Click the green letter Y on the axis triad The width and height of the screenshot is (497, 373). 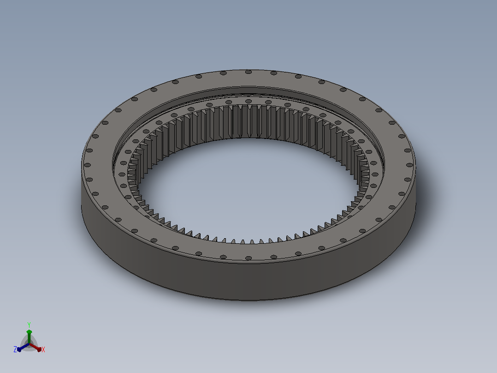[29, 325]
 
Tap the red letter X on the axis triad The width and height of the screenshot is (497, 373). [43, 349]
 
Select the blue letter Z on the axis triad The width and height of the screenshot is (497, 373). [15, 349]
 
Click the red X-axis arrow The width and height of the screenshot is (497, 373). [35, 347]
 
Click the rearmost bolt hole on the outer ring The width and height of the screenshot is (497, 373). [248, 72]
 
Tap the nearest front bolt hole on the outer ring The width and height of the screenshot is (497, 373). [248, 258]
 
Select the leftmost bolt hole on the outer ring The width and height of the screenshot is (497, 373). [88, 165]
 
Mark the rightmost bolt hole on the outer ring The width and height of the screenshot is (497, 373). [409, 165]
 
